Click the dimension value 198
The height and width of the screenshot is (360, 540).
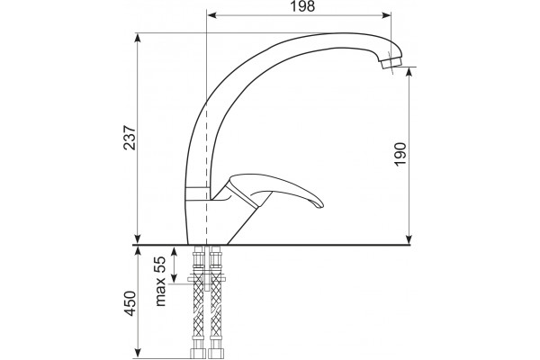coord(302,6)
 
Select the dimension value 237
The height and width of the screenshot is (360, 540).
coord(130,138)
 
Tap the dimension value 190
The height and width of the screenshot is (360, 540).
coord(400,153)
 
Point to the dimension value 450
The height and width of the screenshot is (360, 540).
coord(130,303)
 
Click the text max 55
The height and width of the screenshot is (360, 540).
coord(160,281)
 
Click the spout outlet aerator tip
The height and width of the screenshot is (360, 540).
coord(392,64)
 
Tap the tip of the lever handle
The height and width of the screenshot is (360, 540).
coord(322,204)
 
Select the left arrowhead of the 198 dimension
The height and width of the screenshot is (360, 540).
coord(211,15)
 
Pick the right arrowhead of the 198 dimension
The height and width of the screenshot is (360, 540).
coord(386,15)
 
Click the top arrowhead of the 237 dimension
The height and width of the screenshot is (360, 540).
coord(138,38)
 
